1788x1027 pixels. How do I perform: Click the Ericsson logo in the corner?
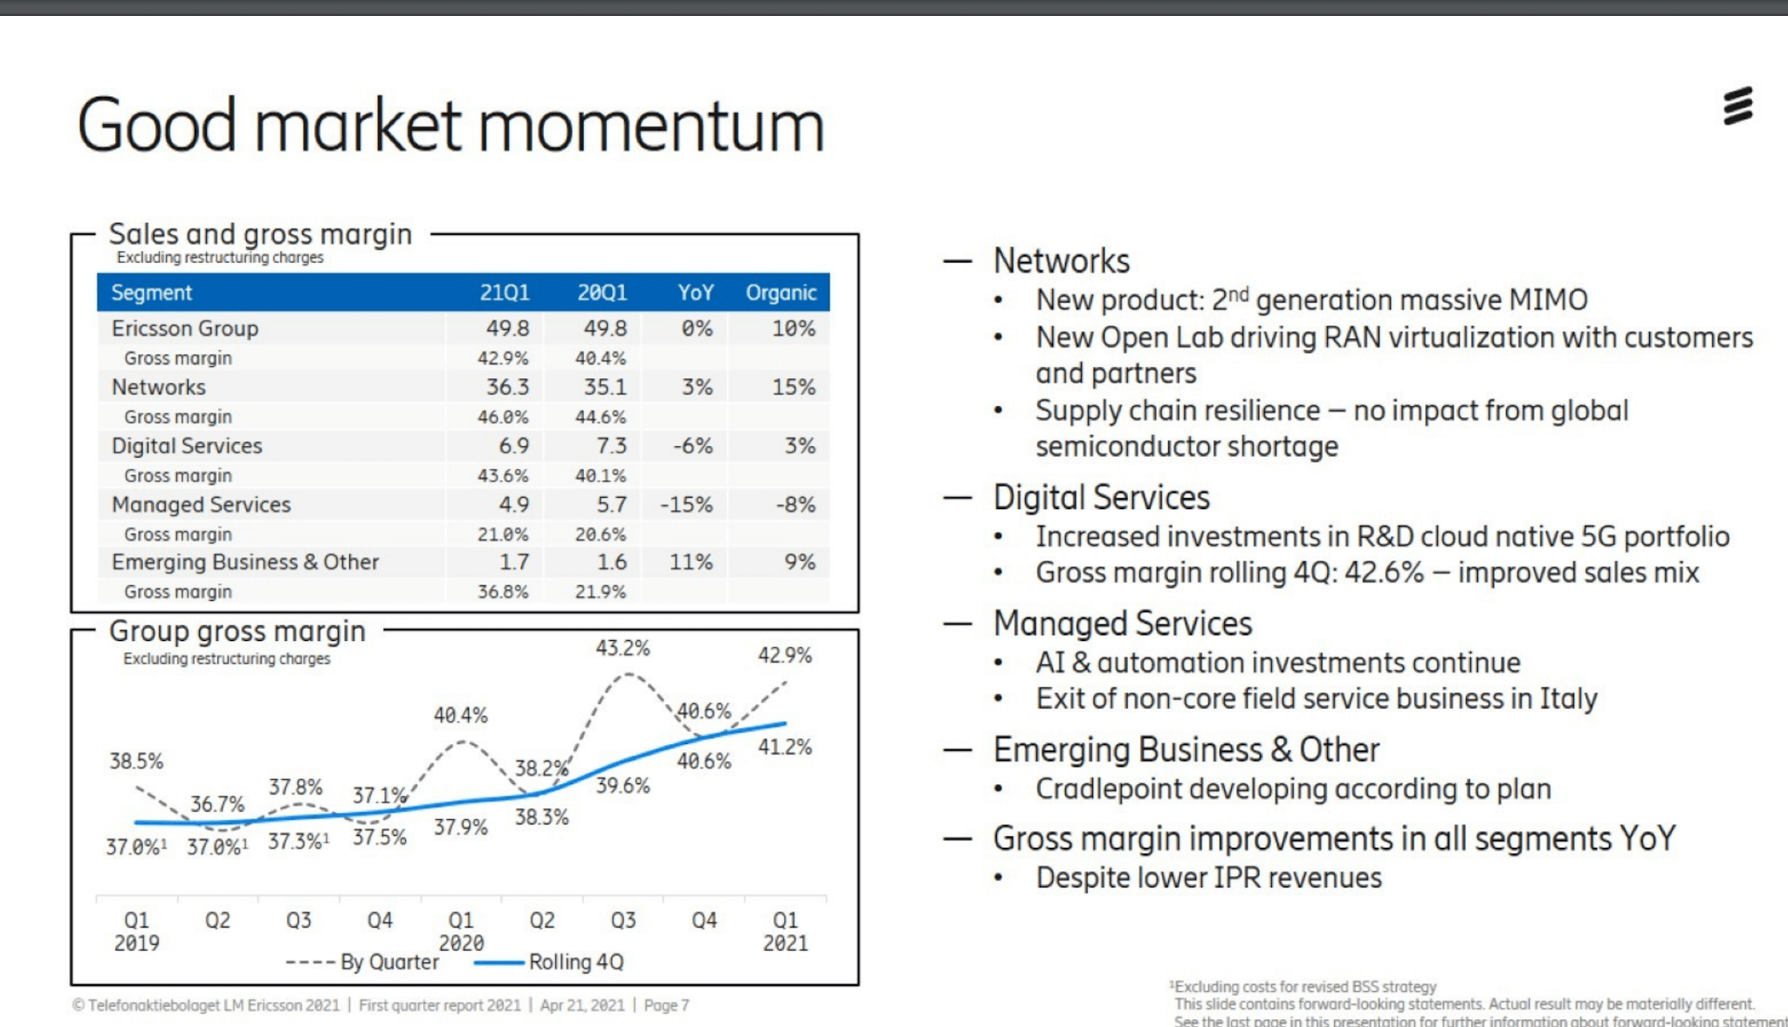click(x=1737, y=107)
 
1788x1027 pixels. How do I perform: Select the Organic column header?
click(x=781, y=293)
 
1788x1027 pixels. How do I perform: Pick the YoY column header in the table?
click(x=695, y=293)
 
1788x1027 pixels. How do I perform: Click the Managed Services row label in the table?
click(x=201, y=505)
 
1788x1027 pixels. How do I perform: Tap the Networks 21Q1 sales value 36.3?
click(x=507, y=387)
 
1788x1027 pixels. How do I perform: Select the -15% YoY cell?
click(x=686, y=505)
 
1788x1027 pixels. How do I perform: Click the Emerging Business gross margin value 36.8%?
click(x=503, y=592)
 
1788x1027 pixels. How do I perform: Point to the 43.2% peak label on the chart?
click(x=622, y=648)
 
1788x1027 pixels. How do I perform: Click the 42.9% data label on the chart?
click(x=784, y=655)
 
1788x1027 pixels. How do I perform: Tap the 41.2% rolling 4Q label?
click(x=784, y=747)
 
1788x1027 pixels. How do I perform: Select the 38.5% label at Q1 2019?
click(x=136, y=761)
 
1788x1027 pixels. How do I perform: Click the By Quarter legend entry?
click(x=389, y=962)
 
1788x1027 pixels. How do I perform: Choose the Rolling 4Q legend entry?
click(x=575, y=962)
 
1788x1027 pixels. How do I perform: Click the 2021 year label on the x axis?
click(x=785, y=943)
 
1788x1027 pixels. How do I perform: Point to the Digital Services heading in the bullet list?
click(x=1101, y=498)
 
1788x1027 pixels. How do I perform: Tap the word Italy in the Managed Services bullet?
click(x=1568, y=699)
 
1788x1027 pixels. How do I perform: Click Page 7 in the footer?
click(x=666, y=1005)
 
